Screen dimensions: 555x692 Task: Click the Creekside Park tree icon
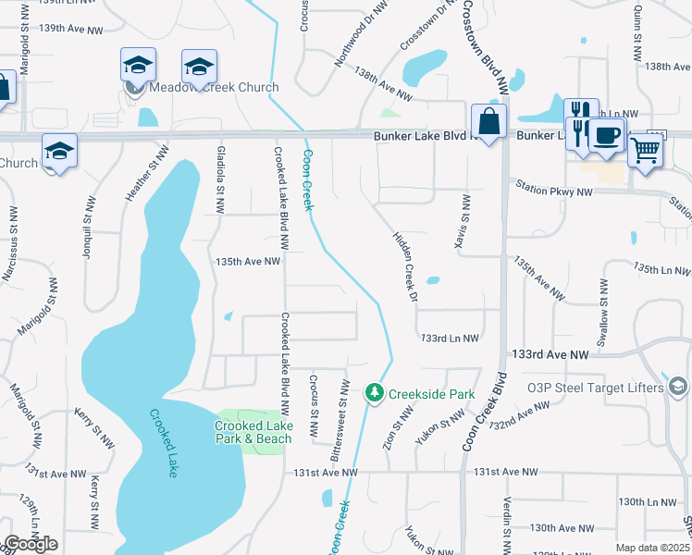(x=375, y=394)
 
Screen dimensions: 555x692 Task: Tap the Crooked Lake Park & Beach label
(x=253, y=432)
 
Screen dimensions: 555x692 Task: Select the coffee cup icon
(x=606, y=135)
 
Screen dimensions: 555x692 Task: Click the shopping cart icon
(x=645, y=148)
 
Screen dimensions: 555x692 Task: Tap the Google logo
(x=31, y=544)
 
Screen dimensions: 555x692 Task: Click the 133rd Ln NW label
(x=450, y=339)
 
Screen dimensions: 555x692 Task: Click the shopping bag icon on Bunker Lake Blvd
(x=488, y=120)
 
